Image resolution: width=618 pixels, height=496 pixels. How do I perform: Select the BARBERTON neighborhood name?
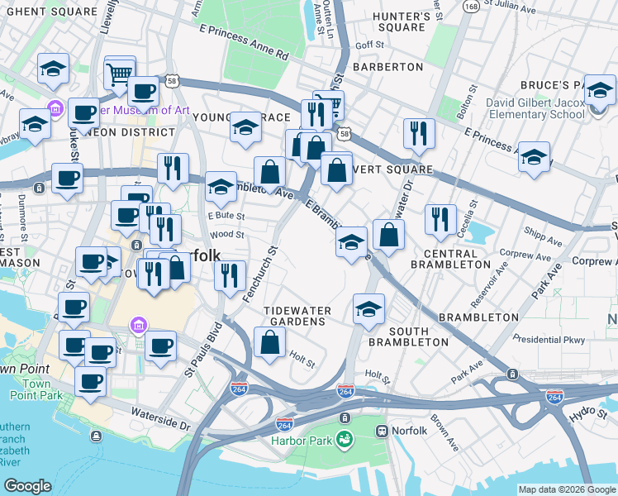click(x=387, y=66)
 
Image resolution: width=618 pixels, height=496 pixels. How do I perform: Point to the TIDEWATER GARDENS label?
click(x=297, y=311)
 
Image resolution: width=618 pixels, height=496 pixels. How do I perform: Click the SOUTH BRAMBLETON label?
click(x=409, y=336)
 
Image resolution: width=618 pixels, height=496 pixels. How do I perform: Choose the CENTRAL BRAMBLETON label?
click(x=456, y=258)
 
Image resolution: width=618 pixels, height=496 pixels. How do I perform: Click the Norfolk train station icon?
click(x=383, y=431)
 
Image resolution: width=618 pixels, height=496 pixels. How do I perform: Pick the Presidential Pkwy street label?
click(x=548, y=339)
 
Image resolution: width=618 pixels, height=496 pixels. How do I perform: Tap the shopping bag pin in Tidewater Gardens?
click(x=270, y=341)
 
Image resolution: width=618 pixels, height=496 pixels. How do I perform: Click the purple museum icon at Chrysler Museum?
click(x=55, y=108)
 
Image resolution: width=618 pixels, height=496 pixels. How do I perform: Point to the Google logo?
click(x=28, y=486)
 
